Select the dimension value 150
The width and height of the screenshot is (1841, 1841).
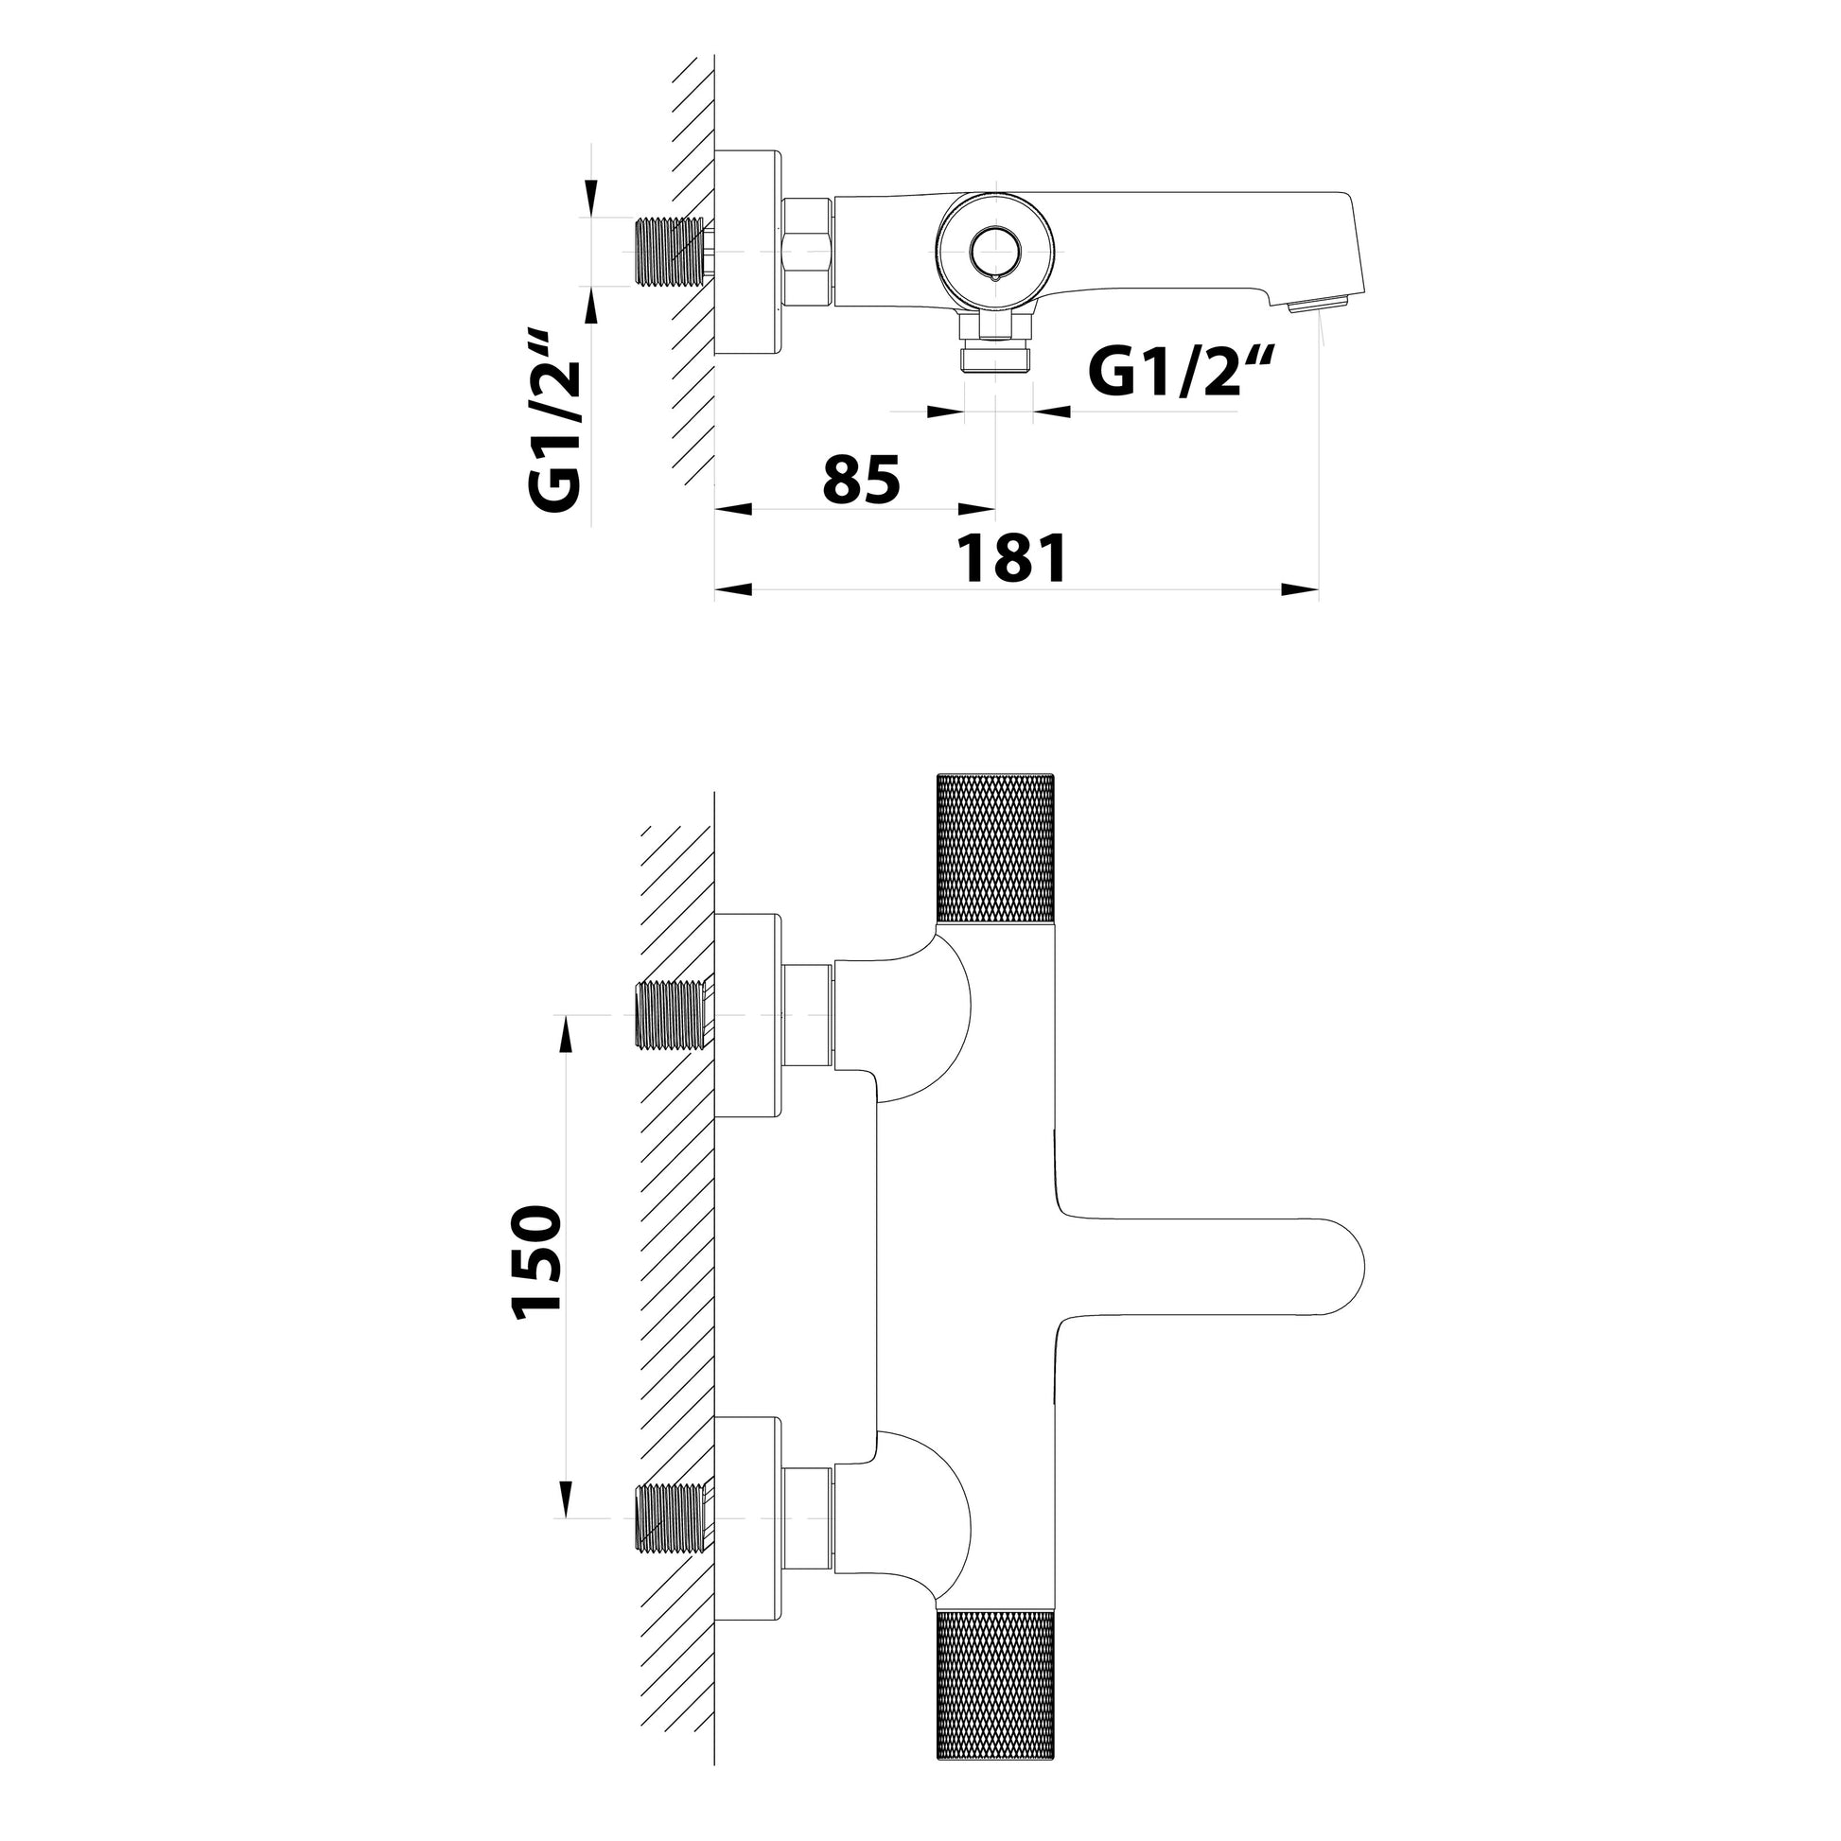click(536, 1264)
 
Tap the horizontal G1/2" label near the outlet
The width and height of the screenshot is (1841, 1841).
click(1181, 374)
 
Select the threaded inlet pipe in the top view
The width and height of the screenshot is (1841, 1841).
click(669, 252)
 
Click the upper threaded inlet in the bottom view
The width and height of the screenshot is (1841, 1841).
click(669, 1016)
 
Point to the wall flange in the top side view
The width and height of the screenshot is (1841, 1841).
click(747, 253)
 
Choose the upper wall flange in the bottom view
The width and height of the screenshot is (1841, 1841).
click(747, 1016)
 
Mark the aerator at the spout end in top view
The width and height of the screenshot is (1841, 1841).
click(1318, 306)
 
